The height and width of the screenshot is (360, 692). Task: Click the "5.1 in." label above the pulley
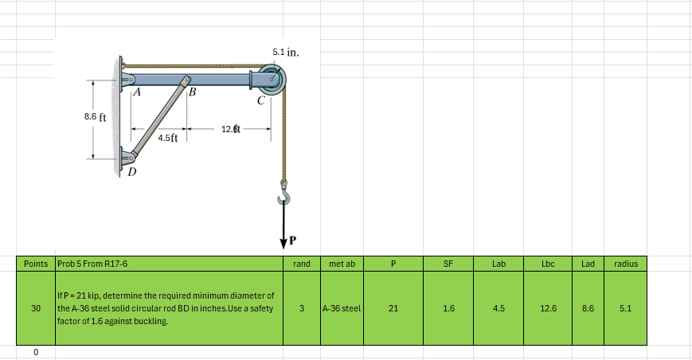tap(285, 53)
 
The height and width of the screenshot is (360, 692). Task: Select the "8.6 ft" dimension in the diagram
tap(96, 116)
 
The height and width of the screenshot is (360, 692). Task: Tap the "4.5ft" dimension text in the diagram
tap(168, 138)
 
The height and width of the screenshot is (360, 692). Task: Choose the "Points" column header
tap(36, 263)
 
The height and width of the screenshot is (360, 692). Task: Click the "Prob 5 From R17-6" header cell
tap(93, 263)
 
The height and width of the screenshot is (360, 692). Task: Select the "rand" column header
tap(302, 263)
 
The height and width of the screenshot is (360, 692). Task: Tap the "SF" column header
tap(448, 263)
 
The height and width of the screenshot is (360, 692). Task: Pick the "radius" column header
tap(626, 263)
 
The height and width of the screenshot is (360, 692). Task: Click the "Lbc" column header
tap(548, 263)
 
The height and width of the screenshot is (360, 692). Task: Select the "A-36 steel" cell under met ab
tap(342, 307)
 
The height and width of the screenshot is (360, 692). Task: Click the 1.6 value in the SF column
tap(448, 307)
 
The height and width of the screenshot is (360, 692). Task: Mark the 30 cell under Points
tap(36, 307)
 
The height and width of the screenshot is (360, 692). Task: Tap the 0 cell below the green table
tap(36, 351)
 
